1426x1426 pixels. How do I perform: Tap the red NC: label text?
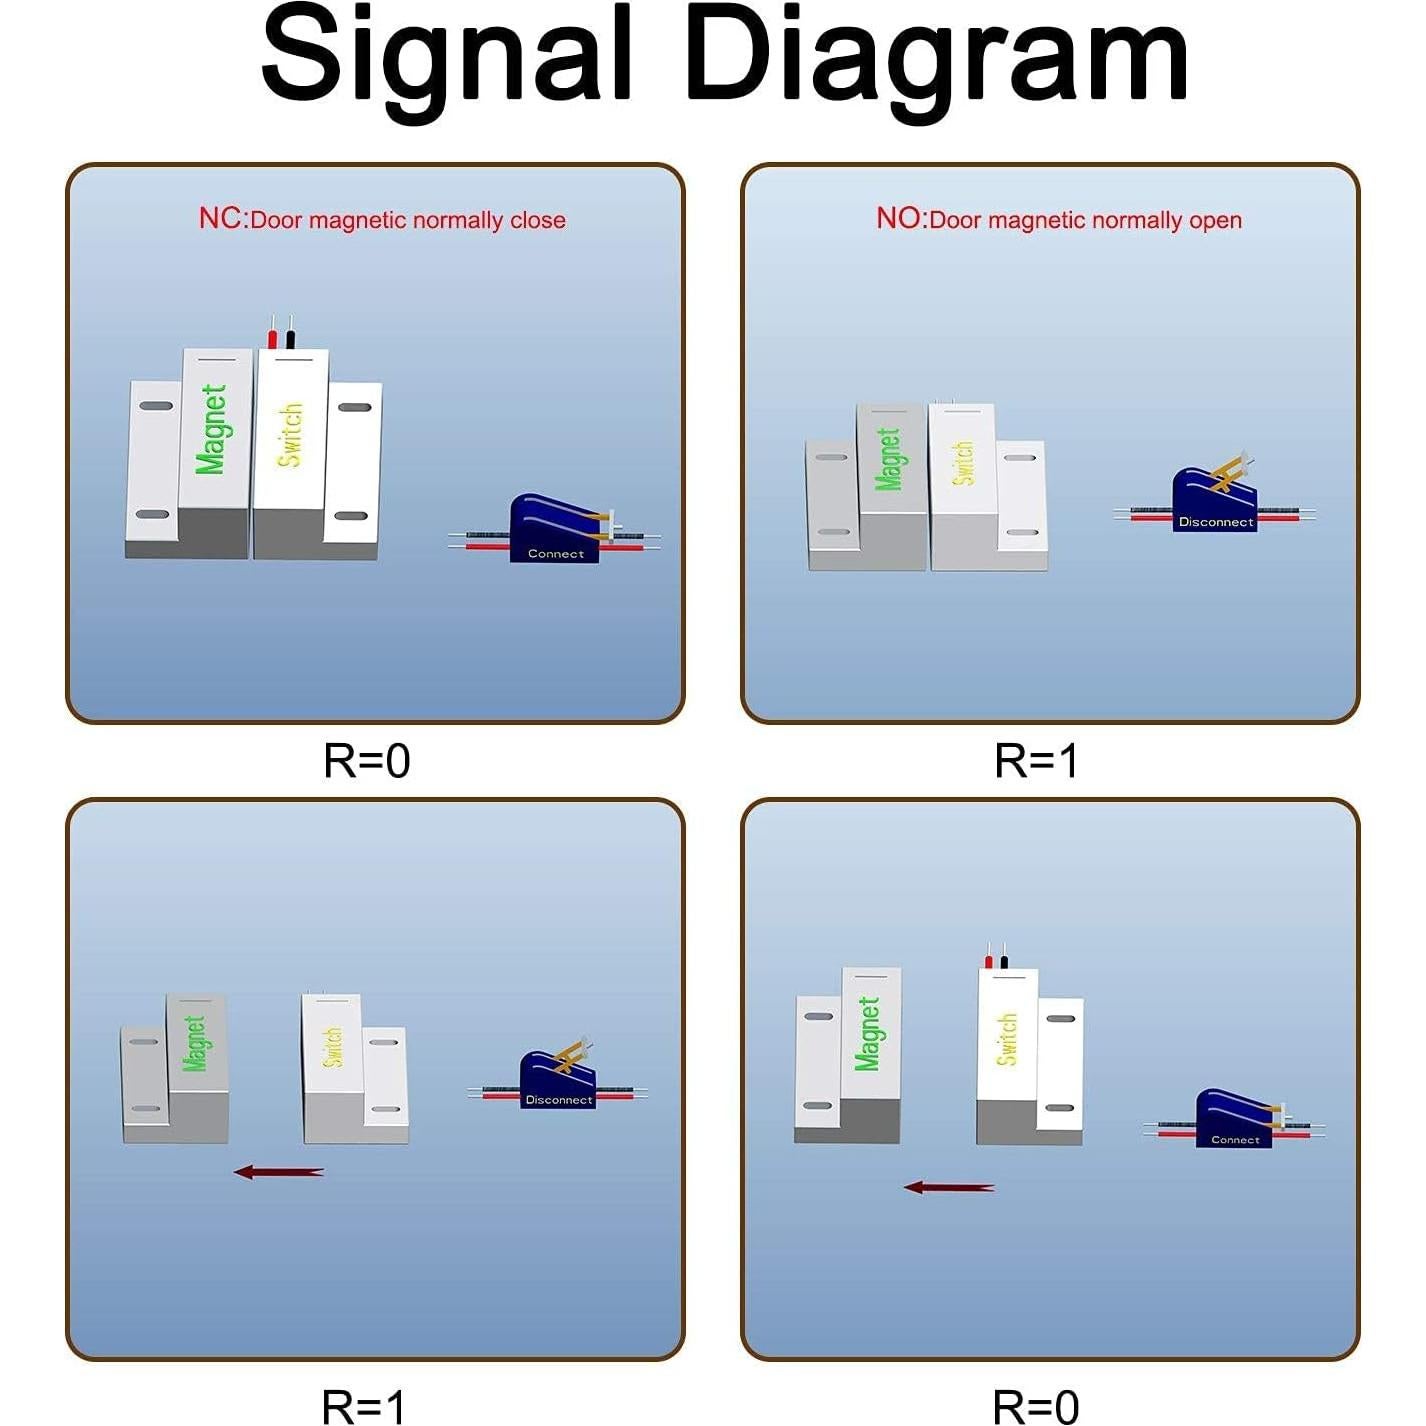221,218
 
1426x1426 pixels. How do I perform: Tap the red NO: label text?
900,218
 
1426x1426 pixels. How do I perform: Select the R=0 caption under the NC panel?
366,760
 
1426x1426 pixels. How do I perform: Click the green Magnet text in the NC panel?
210,429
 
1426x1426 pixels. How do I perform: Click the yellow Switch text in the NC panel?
289,434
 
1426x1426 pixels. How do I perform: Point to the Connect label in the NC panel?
556,554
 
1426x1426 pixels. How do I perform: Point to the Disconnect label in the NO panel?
1216,522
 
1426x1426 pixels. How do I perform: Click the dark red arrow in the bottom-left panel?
278,1171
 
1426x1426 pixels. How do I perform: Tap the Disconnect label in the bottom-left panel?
559,1100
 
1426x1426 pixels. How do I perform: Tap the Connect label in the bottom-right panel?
1235,1140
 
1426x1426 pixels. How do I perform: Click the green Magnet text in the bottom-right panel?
867,1034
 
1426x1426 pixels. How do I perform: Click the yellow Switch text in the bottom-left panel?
333,1046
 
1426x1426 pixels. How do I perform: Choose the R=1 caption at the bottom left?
363,1405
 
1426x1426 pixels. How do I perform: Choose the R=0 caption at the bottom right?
1035,1405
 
